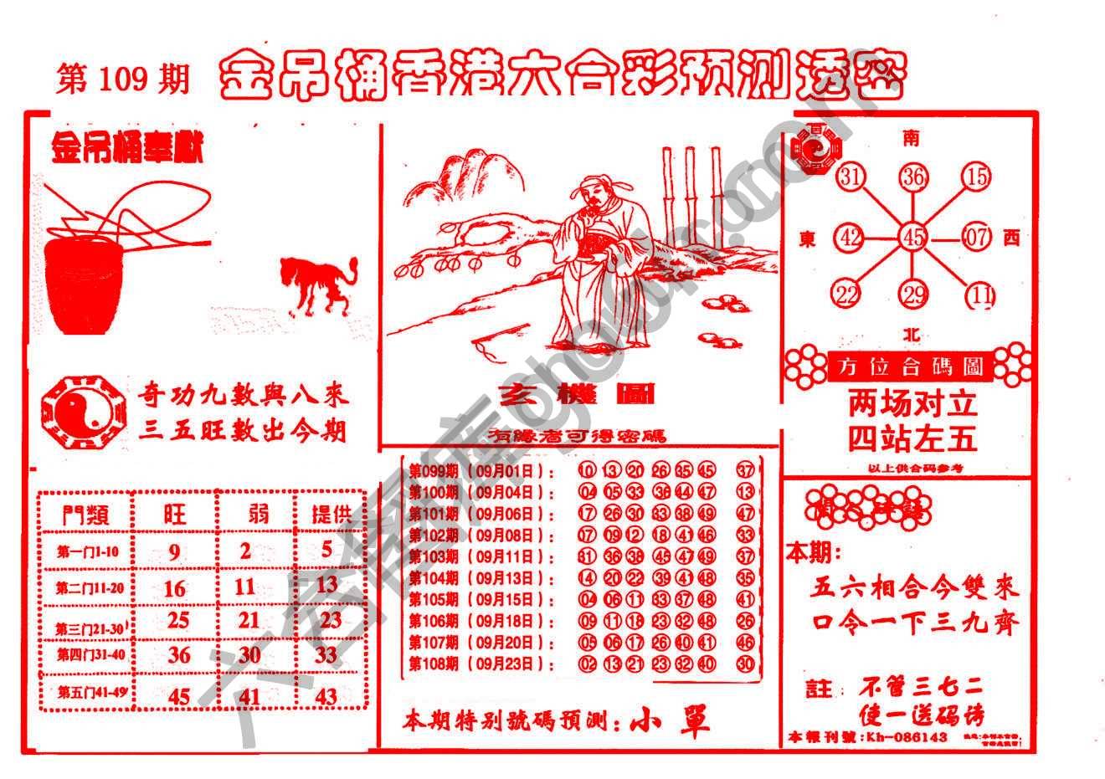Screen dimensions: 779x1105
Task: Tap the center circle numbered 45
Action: pyautogui.click(x=912, y=238)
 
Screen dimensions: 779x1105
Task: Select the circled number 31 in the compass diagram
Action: pyautogui.click(x=851, y=177)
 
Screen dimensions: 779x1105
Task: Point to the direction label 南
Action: pyautogui.click(x=911, y=138)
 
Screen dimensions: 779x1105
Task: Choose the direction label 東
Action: pyautogui.click(x=808, y=239)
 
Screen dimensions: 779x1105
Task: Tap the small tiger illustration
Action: pyautogui.click(x=317, y=285)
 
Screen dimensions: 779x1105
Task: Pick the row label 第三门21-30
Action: pyautogui.click(x=90, y=628)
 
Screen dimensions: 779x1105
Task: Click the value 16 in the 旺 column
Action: pyautogui.click(x=174, y=588)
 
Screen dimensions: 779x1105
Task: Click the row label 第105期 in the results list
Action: pyautogui.click(x=433, y=600)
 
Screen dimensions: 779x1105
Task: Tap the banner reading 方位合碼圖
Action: pyautogui.click(x=908, y=366)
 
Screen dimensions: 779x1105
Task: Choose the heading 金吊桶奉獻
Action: pyautogui.click(x=127, y=151)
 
